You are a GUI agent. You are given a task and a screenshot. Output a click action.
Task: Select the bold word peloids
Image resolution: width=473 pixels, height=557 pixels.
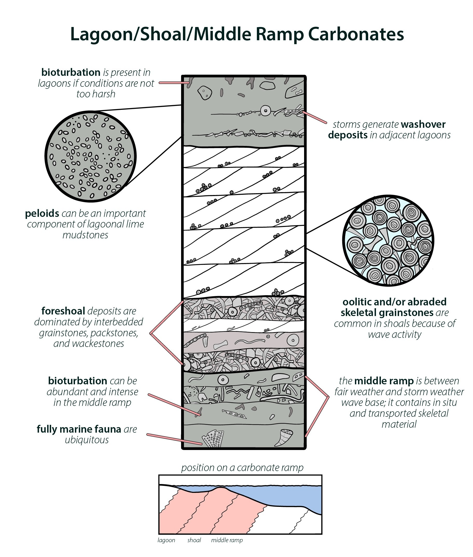point(42,213)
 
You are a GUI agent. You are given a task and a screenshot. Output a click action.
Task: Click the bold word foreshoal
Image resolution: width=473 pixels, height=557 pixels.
point(63,311)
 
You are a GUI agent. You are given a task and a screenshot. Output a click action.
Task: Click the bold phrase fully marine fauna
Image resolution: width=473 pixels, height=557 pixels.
point(79,429)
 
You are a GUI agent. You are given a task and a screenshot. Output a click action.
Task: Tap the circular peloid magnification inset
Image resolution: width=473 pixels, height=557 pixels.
point(91,156)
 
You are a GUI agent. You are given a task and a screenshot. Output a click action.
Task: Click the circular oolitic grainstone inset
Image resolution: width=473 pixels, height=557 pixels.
point(388,240)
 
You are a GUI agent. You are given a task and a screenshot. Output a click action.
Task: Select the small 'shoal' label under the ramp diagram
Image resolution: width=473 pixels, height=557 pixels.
point(194,540)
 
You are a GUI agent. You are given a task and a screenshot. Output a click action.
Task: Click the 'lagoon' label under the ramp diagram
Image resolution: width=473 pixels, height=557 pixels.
point(166,540)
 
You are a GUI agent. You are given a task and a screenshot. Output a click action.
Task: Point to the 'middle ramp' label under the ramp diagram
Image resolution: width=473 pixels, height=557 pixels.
point(227,540)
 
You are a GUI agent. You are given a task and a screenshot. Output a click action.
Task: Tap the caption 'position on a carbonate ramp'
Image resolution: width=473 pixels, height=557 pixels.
point(242,468)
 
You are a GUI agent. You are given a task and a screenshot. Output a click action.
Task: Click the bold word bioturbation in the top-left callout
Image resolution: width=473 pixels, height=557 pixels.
point(71,72)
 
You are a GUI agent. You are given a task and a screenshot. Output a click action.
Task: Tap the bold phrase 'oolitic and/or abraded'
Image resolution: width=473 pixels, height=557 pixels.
point(394,302)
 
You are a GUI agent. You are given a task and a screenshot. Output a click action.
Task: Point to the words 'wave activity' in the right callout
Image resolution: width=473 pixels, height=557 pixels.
point(394,334)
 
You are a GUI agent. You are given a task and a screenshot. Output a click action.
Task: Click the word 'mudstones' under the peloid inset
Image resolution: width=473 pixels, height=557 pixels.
point(85,235)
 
